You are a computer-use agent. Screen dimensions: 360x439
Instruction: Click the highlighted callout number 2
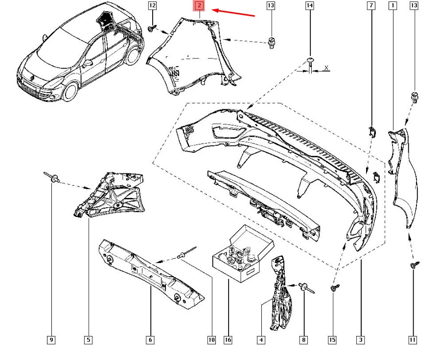[199, 6]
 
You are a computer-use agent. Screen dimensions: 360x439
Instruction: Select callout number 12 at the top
[152, 6]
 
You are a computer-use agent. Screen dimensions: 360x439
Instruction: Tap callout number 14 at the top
[309, 6]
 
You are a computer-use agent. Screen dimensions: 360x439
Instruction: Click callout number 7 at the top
[371, 6]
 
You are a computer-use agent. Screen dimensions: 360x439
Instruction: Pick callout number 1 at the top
[393, 6]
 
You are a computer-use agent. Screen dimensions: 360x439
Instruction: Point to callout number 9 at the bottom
[51, 339]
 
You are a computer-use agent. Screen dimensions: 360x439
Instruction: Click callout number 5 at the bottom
[89, 339]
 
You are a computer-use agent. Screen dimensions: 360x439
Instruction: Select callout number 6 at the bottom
[150, 339]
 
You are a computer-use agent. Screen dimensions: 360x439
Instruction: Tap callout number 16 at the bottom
[228, 339]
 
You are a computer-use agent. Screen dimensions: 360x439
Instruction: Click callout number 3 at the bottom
[361, 339]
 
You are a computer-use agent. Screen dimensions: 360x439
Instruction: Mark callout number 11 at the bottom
[413, 339]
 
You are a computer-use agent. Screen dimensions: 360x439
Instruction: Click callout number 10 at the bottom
[211, 339]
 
